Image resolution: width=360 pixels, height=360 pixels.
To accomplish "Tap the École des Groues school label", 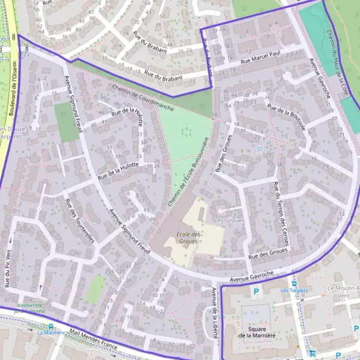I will point(188,238).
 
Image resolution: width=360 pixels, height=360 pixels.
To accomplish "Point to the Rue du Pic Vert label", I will point(8,268).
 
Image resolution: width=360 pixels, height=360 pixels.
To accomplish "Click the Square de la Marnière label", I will point(256,332).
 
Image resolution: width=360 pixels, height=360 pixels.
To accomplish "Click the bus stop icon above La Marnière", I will point(50,326).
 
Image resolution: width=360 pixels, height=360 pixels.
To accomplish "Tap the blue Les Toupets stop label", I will point(293,290).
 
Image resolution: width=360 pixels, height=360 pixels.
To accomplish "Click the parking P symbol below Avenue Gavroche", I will point(256,292).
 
